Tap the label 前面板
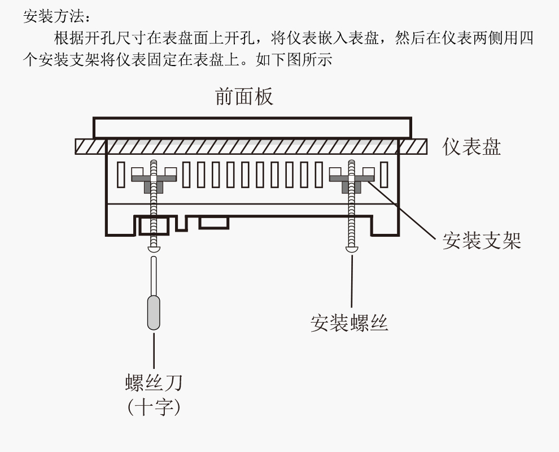pos(244,97)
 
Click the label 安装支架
pos(481,241)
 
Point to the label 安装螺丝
pos(350,323)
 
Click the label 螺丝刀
pos(154,383)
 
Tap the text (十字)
pos(154,407)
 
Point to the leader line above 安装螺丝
pos(352,280)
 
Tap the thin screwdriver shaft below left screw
pos(153,274)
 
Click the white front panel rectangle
pos(252,128)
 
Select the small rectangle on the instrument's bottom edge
pos(214,223)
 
